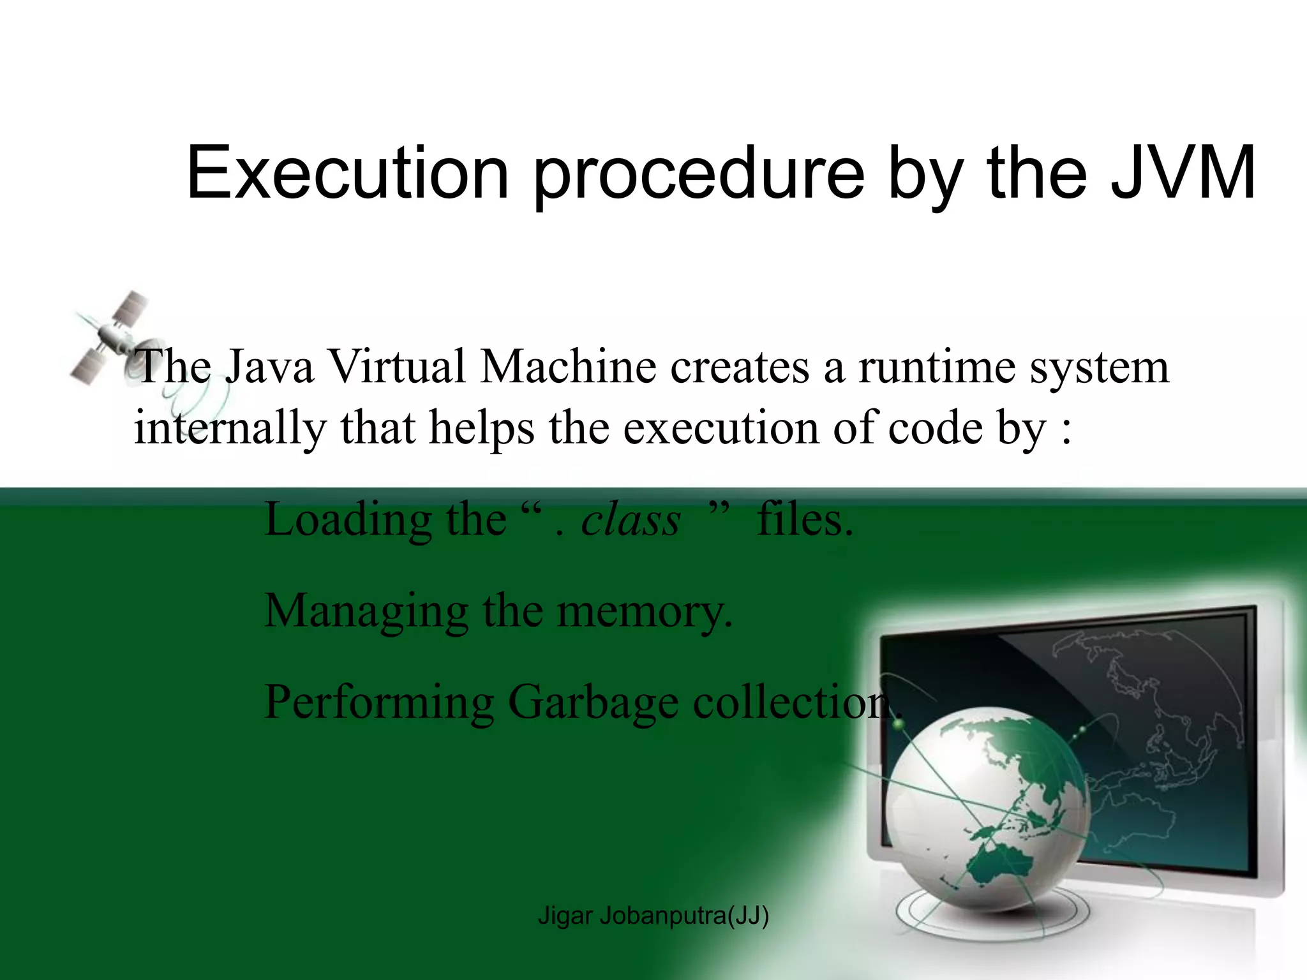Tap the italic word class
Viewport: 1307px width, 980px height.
(x=631, y=520)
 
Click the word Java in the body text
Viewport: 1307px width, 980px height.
(x=269, y=367)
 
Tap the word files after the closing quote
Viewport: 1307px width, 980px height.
(x=804, y=520)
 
